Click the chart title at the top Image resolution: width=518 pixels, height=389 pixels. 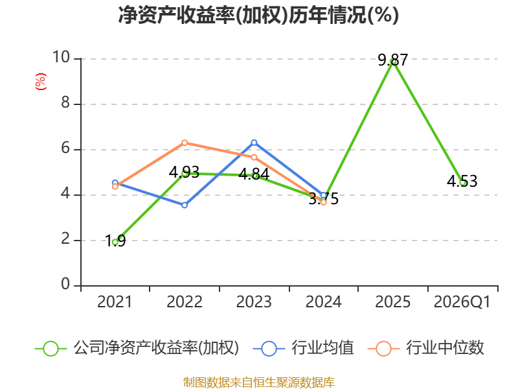tap(258, 16)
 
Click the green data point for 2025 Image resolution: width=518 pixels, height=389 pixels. tap(393, 62)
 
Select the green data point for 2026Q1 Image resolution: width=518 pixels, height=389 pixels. tap(462, 182)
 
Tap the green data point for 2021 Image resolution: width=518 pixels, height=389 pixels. tap(115, 241)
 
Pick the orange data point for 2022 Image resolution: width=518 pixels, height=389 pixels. tap(185, 143)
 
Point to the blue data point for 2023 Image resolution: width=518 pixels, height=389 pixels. tap(254, 143)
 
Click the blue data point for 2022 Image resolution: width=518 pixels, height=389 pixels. tap(185, 205)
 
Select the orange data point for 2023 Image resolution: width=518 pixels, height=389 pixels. tap(254, 157)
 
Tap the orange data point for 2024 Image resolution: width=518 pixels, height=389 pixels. tap(324, 202)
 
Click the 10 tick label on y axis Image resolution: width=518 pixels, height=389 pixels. tap(61, 58)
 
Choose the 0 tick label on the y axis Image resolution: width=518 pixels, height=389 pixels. tap(65, 285)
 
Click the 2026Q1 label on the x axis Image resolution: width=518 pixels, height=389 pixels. tap(462, 302)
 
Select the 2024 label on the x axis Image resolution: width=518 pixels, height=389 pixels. tap(323, 302)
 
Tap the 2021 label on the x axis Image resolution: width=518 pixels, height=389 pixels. tap(115, 302)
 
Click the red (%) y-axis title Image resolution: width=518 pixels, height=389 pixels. tap(40, 82)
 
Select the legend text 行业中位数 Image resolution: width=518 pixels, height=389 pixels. tap(445, 348)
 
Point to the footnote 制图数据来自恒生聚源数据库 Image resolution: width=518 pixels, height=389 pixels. tap(258, 382)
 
